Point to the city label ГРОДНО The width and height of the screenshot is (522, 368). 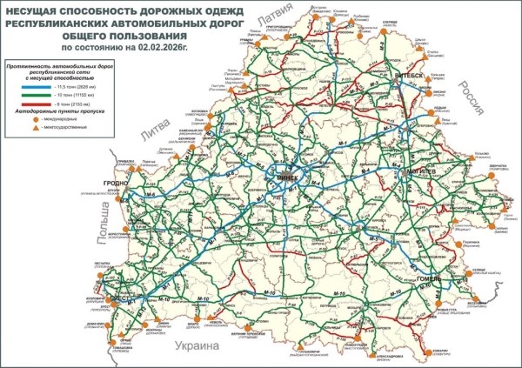tap(115, 182)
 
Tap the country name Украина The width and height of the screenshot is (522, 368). tap(201, 347)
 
